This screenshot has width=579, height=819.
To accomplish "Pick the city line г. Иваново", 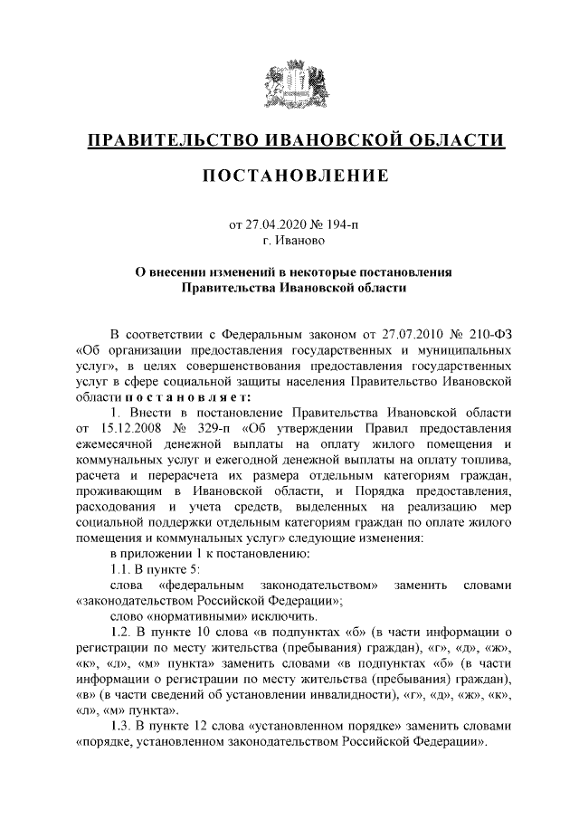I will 289,241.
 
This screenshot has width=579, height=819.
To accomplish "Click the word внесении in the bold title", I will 185,272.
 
